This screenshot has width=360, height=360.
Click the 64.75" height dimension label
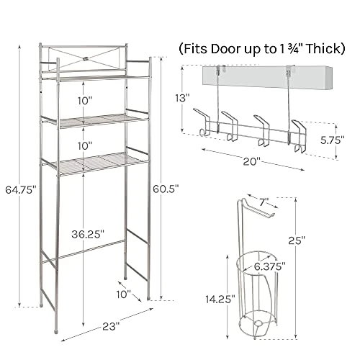point(21,190)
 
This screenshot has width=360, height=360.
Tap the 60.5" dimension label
point(166,189)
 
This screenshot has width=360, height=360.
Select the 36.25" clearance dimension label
point(88,234)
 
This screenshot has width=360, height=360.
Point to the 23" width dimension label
point(111,326)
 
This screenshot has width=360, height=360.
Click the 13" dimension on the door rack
point(182,98)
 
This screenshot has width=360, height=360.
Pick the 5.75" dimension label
point(333,140)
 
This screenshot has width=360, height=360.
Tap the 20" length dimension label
point(252,161)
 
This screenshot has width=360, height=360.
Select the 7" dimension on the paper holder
point(264,202)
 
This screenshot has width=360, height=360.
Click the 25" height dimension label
point(297,240)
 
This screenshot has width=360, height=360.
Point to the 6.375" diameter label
point(270,266)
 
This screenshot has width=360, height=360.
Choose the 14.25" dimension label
point(220,299)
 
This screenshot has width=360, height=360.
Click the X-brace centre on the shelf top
point(86,58)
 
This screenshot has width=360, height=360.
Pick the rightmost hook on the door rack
point(299,136)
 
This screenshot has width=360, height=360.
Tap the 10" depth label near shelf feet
point(124,294)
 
